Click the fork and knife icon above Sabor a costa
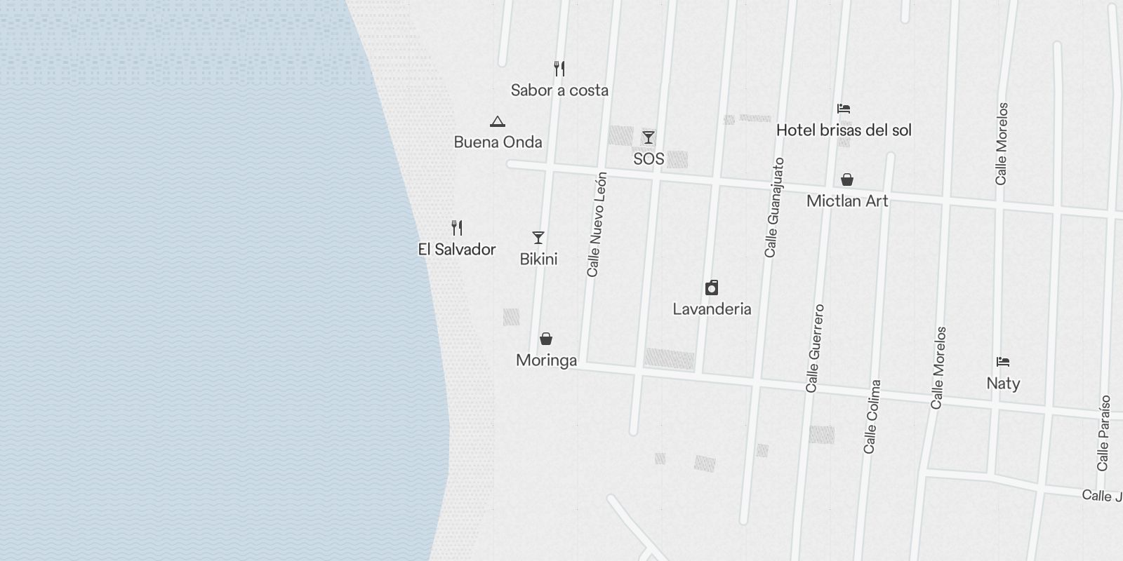click(x=559, y=69)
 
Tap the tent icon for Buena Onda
click(x=498, y=121)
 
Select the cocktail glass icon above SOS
click(x=649, y=137)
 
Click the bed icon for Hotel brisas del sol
click(x=844, y=109)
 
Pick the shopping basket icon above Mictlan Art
click(x=847, y=180)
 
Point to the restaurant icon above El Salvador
click(x=457, y=228)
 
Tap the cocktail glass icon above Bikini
click(x=538, y=238)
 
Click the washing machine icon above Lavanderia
click(x=712, y=288)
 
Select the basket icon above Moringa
click(x=546, y=339)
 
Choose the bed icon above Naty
click(x=1003, y=362)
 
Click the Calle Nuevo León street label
click(x=597, y=224)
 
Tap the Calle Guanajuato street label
click(x=774, y=208)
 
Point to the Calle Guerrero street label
click(x=815, y=348)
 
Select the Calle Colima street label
click(x=872, y=417)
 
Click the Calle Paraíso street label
click(x=1104, y=433)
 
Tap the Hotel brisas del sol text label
click(x=844, y=130)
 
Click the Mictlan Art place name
click(x=847, y=201)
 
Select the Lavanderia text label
click(x=712, y=309)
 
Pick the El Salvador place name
click(x=457, y=250)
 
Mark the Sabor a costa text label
click(x=559, y=90)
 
